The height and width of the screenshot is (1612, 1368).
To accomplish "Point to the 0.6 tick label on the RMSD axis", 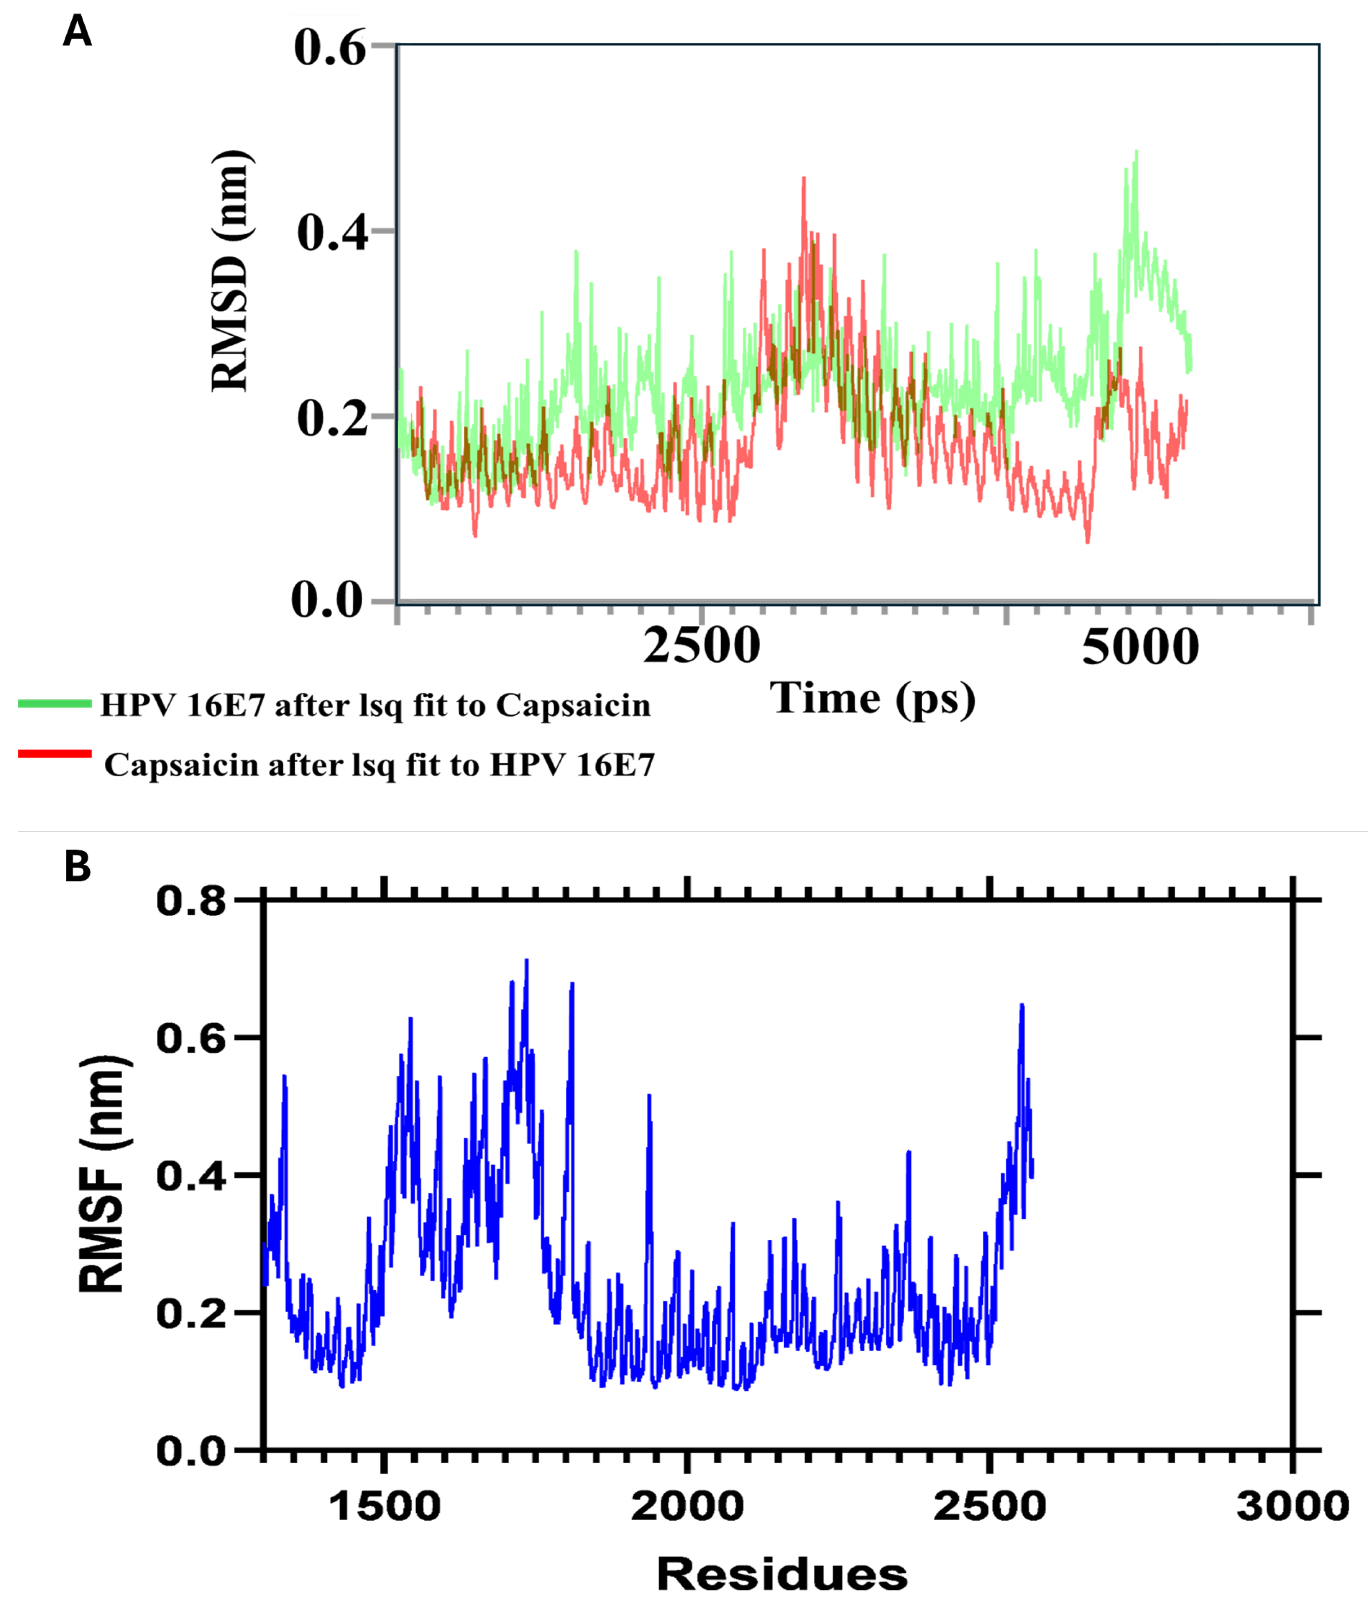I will [329, 48].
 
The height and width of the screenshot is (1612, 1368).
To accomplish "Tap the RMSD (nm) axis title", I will [231, 271].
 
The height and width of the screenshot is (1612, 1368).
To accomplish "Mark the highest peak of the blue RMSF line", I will [527, 960].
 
